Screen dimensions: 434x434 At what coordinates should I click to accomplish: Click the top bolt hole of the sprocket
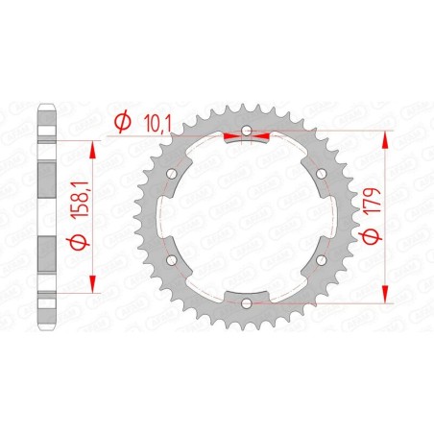[x=247, y=132]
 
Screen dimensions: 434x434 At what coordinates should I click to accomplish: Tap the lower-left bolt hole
[x=172, y=260]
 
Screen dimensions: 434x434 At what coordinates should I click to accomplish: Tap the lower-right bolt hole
[x=321, y=260]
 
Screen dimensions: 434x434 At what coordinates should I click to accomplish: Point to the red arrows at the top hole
[x=247, y=138]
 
